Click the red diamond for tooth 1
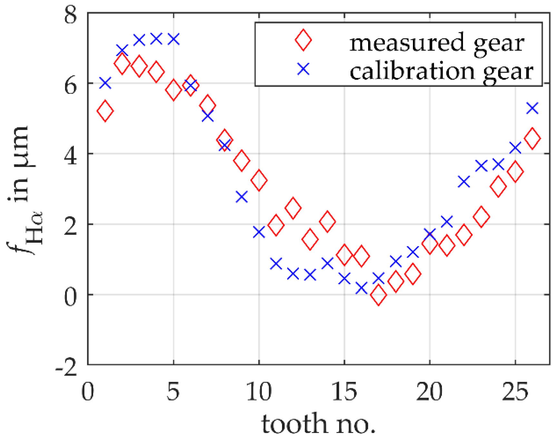pyautogui.click(x=105, y=111)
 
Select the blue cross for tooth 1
pyautogui.click(x=105, y=83)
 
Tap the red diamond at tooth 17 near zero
pyautogui.click(x=378, y=295)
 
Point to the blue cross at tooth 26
pyautogui.click(x=532, y=108)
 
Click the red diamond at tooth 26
pyautogui.click(x=532, y=138)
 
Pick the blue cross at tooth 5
pyautogui.click(x=173, y=39)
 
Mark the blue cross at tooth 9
pyautogui.click(x=242, y=196)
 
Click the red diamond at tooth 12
pyautogui.click(x=293, y=208)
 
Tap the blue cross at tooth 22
pyautogui.click(x=464, y=182)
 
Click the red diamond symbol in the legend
pyautogui.click(x=303, y=40)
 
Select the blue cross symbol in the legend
pyautogui.click(x=303, y=69)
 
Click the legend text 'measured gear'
pyautogui.click(x=437, y=43)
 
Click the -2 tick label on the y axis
pyautogui.click(x=66, y=367)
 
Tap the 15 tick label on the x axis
pyautogui.click(x=344, y=392)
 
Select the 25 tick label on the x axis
pyautogui.click(x=515, y=392)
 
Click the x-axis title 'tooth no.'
pyautogui.click(x=318, y=424)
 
